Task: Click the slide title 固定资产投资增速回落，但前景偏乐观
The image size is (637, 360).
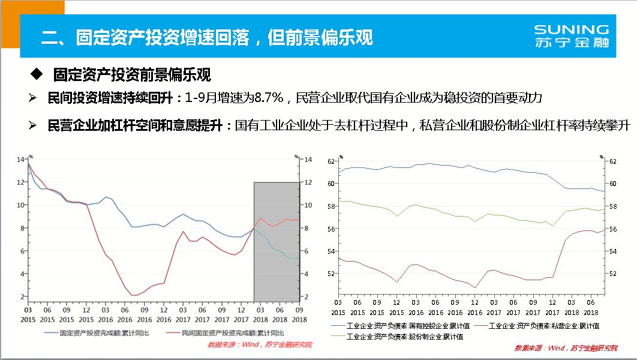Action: point(207,37)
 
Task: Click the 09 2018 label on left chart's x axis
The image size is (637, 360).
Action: point(298,314)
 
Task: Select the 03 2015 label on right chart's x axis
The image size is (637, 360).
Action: point(338,308)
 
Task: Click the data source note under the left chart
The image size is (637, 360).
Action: point(260,344)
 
